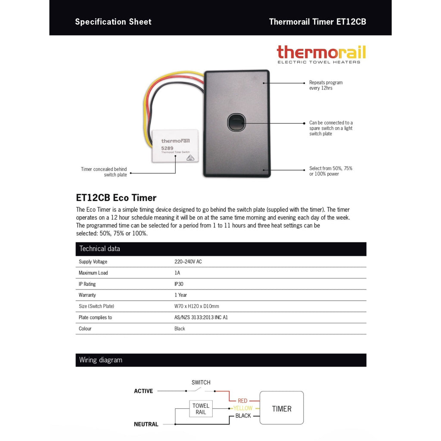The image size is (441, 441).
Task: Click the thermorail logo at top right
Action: pyautogui.click(x=321, y=54)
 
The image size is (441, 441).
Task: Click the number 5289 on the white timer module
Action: pyautogui.click(x=168, y=148)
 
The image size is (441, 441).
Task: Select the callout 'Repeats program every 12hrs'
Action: pyautogui.click(x=326, y=85)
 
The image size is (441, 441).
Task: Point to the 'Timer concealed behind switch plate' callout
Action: pyautogui.click(x=104, y=172)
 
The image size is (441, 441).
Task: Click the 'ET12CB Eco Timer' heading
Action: pyautogui.click(x=116, y=198)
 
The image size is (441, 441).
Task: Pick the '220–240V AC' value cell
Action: pyautogui.click(x=188, y=262)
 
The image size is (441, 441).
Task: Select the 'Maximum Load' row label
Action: pyautogui.click(x=93, y=273)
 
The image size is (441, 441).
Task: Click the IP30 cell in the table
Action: pyautogui.click(x=180, y=284)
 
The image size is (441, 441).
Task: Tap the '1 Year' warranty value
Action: pyautogui.click(x=180, y=295)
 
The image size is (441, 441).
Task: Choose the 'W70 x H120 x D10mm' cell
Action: pyautogui.click(x=196, y=306)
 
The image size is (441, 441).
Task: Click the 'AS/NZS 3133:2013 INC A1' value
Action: pyautogui.click(x=201, y=317)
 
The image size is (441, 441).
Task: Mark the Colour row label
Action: pyautogui.click(x=85, y=329)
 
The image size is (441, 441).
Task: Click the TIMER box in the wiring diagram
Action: pyautogui.click(x=282, y=409)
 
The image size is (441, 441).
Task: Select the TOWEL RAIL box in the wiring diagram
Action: pyautogui.click(x=201, y=409)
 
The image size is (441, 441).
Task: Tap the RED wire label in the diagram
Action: pyautogui.click(x=242, y=401)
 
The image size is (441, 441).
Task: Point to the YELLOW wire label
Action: pyautogui.click(x=243, y=408)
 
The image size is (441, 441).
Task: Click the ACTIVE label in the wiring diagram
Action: pyautogui.click(x=143, y=391)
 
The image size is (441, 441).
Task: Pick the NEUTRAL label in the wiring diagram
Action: pyautogui.click(x=146, y=424)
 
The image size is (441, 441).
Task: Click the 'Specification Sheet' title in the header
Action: pyautogui.click(x=113, y=22)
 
